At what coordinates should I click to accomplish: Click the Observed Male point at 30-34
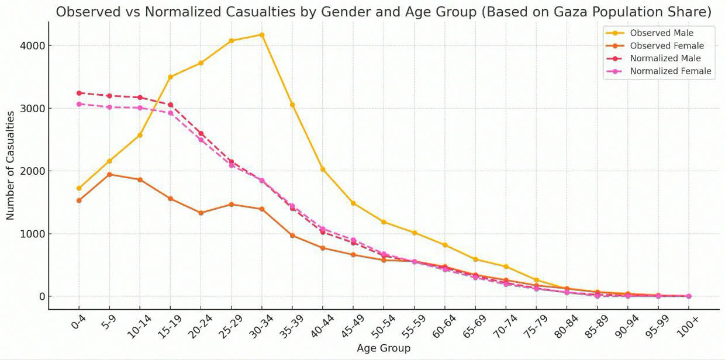(x=261, y=34)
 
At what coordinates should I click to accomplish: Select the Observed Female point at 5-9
(x=109, y=174)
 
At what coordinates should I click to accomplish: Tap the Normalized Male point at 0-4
(x=79, y=93)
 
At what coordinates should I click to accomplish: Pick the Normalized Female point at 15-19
(x=170, y=113)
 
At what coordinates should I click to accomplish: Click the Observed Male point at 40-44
(x=322, y=169)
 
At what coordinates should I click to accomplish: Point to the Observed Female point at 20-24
(x=201, y=213)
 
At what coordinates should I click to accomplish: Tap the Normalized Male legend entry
(x=665, y=58)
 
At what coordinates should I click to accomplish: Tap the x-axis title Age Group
(x=384, y=348)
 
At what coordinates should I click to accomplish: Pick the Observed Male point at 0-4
(x=79, y=188)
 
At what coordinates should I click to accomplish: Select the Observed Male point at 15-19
(x=170, y=77)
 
